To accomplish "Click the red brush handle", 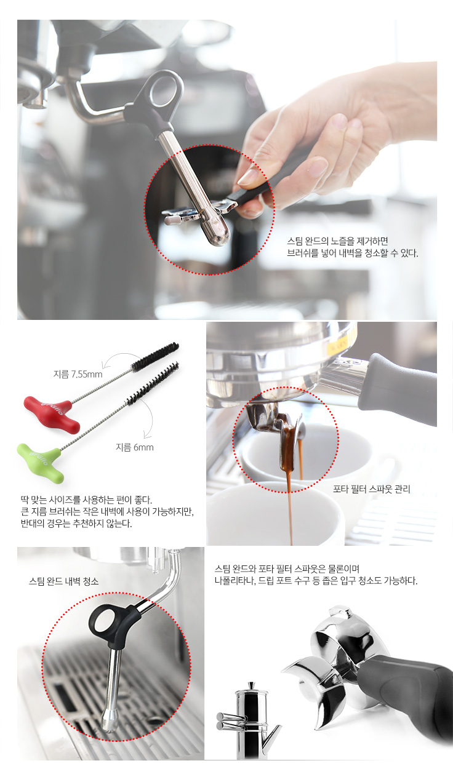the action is click(52, 413).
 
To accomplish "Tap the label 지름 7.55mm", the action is click(78, 374).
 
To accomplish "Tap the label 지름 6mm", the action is click(134, 447).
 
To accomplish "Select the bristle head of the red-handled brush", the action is click(155, 355).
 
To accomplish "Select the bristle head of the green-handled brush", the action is click(153, 383).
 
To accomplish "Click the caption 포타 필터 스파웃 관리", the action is click(372, 489).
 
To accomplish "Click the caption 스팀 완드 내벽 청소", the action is click(63, 581).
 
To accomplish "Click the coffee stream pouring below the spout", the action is click(289, 508).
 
